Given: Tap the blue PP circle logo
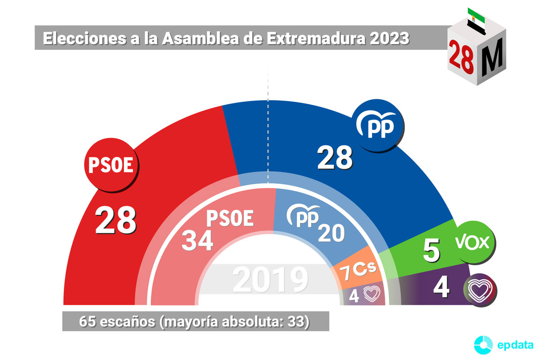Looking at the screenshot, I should [x=378, y=125].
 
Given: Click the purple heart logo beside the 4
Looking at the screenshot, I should [x=480, y=288].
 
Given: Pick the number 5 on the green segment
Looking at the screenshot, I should [x=431, y=251].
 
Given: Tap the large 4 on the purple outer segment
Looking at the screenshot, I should [x=441, y=288].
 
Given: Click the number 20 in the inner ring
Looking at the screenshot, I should [x=331, y=233].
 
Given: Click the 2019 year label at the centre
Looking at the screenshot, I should [x=270, y=280].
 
